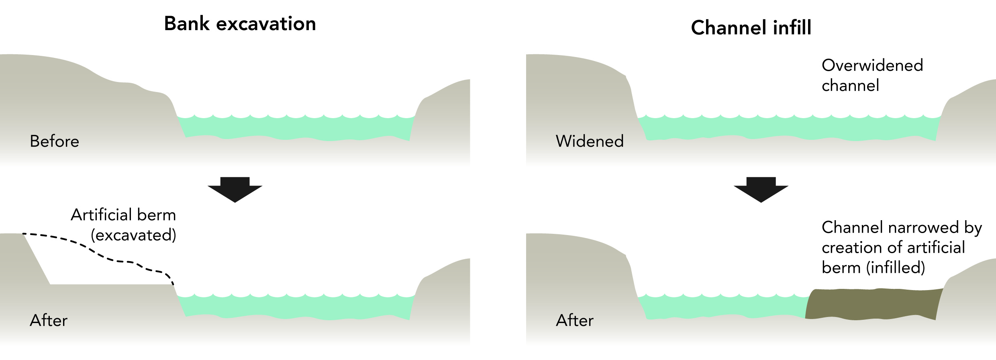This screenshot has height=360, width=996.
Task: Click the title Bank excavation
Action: click(x=240, y=24)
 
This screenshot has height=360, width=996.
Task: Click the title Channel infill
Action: click(x=751, y=28)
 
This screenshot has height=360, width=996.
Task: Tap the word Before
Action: click(x=54, y=141)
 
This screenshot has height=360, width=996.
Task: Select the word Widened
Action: click(x=590, y=141)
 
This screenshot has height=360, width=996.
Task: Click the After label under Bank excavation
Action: click(x=49, y=321)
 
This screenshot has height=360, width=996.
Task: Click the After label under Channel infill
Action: click(x=575, y=321)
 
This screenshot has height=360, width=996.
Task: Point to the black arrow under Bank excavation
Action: click(x=235, y=189)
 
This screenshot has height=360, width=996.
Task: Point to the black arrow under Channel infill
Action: click(x=761, y=189)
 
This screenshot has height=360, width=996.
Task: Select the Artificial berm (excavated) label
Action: click(x=124, y=225)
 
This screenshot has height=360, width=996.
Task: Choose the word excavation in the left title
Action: click(x=266, y=24)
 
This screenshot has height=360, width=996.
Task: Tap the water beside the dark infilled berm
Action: click(x=723, y=307)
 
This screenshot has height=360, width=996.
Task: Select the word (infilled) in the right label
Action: click(x=896, y=268)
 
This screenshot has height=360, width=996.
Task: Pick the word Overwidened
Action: click(x=872, y=65)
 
